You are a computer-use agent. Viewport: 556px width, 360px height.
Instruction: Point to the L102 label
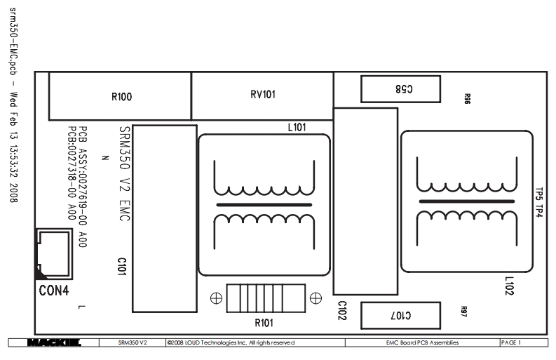pos(510,286)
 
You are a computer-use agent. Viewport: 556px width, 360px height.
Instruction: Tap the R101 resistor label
pos(264,323)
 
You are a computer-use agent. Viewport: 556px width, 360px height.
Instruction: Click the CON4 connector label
pos(53,290)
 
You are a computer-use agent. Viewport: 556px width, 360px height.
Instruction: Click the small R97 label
pos(463,309)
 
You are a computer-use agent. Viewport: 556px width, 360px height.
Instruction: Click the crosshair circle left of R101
pos(216,298)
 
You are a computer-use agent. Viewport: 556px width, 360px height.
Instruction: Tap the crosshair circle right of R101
pos(316,298)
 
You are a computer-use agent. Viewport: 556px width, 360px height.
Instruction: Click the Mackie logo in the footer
pos(54,342)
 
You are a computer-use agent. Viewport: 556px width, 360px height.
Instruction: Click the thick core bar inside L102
pos(463,201)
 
